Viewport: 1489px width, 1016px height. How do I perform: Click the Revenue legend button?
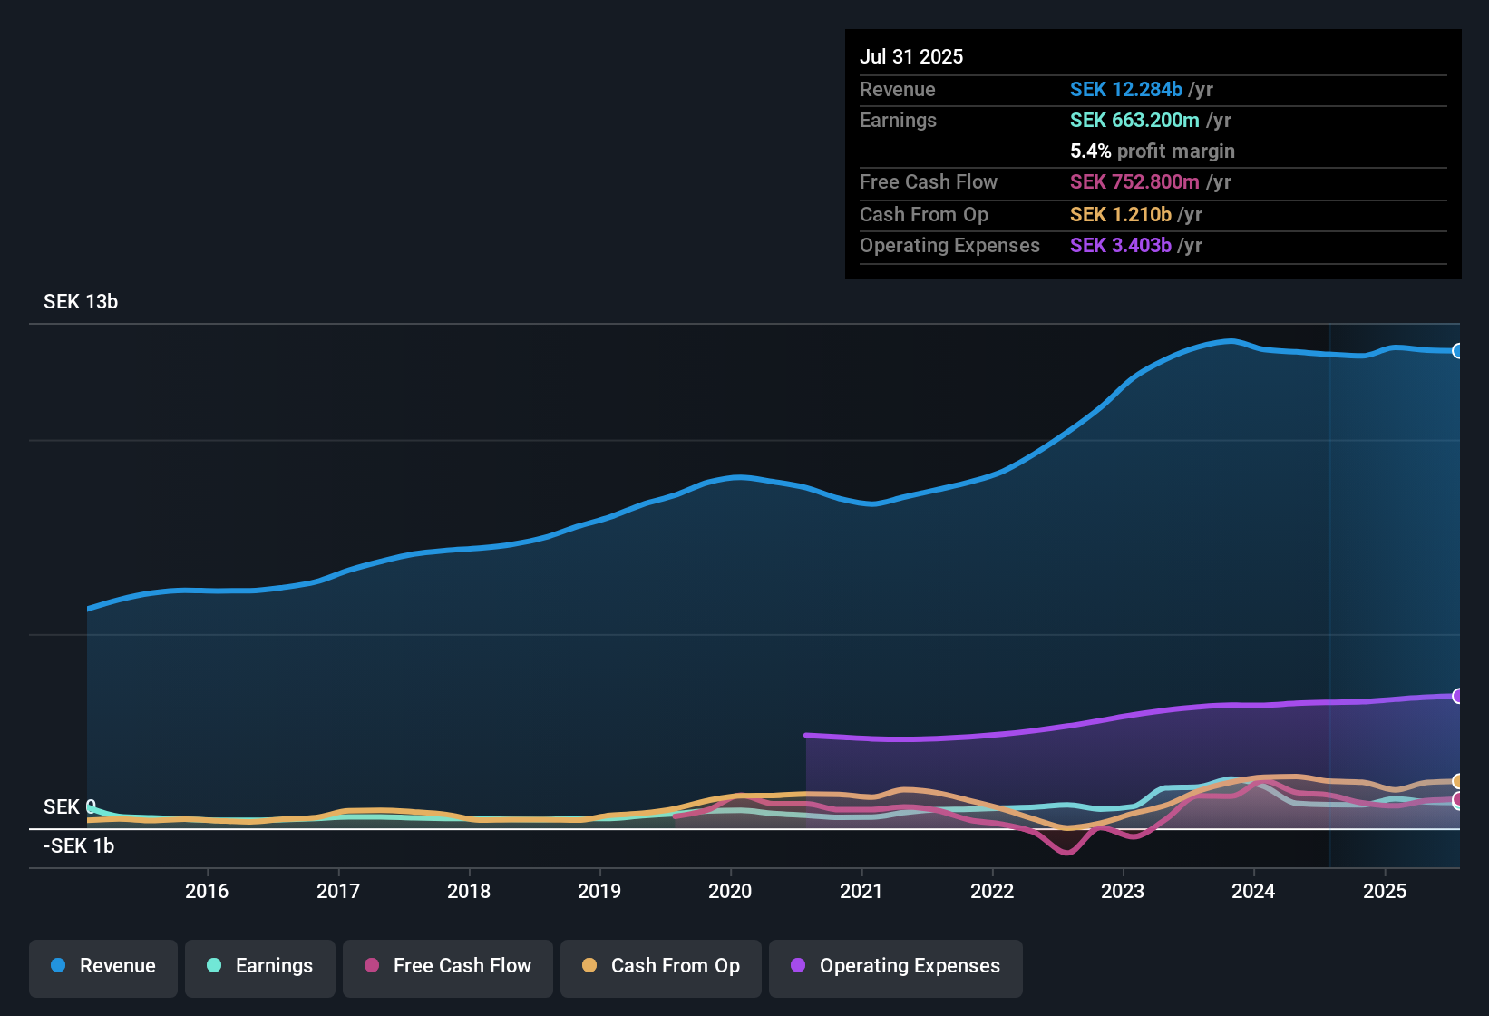coord(103,966)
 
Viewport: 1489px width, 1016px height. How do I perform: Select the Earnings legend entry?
coord(260,966)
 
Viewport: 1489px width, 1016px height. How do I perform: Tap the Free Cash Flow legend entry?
coord(448,966)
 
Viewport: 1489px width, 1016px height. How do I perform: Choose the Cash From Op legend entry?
coord(661,966)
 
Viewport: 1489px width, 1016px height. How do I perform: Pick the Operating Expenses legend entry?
coord(896,966)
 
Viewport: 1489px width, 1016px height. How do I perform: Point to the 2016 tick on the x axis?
coord(207,891)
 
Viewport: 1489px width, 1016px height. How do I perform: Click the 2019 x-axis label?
coord(599,891)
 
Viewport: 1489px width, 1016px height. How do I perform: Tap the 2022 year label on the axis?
coord(992,891)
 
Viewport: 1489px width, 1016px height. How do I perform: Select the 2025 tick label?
coord(1385,891)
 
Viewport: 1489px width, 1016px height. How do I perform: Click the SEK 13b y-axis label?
coord(81,302)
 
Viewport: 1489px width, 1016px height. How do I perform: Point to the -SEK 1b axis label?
coord(79,846)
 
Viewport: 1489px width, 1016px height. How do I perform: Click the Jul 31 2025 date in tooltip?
coord(911,56)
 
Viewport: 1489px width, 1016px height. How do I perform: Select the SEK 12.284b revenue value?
coord(1125,90)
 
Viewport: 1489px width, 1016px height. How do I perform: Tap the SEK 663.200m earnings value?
coord(1134,121)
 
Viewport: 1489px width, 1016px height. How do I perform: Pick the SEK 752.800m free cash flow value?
coord(1134,182)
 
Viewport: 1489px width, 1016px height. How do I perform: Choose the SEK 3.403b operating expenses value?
coord(1120,246)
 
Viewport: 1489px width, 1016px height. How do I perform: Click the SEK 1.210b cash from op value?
coord(1120,215)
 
